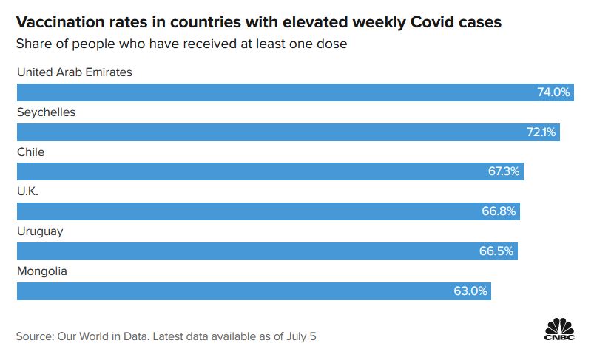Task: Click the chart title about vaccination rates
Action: (x=259, y=22)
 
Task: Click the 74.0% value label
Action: (x=553, y=92)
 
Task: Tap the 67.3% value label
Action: (x=504, y=171)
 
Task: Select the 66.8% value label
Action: (x=499, y=211)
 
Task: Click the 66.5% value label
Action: (x=496, y=251)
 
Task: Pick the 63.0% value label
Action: (x=470, y=291)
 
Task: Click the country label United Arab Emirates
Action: (x=75, y=72)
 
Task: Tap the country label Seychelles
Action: (x=46, y=112)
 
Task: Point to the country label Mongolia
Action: (x=42, y=271)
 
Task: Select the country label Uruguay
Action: (x=40, y=231)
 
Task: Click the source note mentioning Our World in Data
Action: (x=166, y=336)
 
